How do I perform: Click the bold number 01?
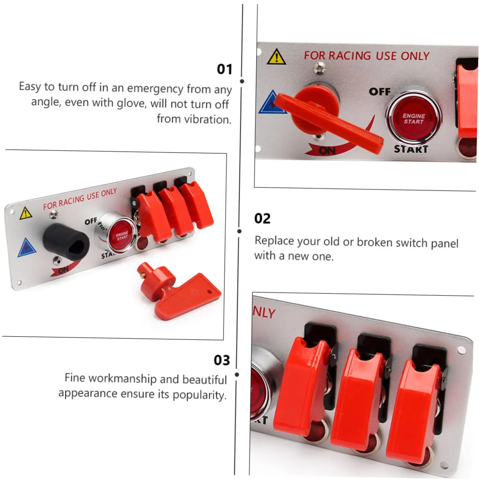click(224, 69)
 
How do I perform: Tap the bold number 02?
click(262, 219)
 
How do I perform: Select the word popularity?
click(200, 395)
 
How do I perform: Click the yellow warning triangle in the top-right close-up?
click(276, 57)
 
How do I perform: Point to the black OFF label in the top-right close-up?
click(380, 92)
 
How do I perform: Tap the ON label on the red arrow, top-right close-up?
click(327, 150)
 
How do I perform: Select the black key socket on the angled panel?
click(67, 242)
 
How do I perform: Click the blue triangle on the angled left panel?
click(27, 248)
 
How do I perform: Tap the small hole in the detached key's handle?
click(209, 292)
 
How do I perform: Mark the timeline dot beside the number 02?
click(239, 231)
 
